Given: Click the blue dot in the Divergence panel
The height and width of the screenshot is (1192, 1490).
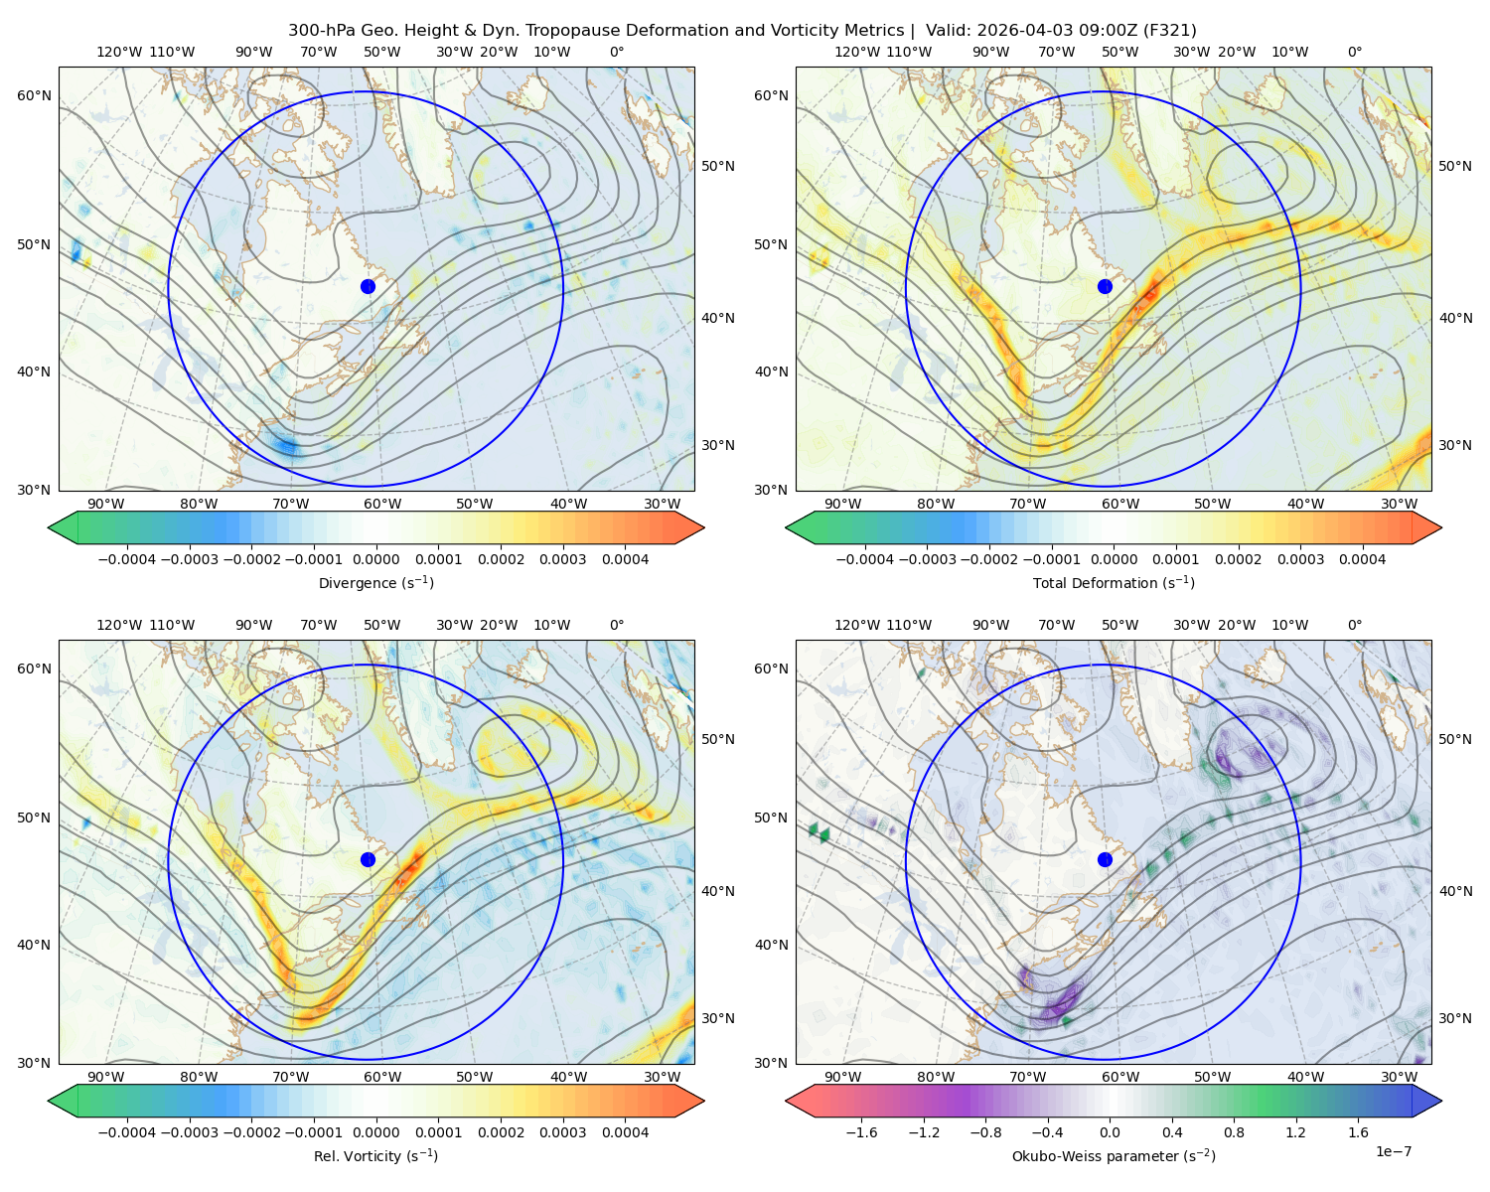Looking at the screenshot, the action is (368, 287).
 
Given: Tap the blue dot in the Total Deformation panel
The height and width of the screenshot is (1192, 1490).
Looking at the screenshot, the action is (1105, 287).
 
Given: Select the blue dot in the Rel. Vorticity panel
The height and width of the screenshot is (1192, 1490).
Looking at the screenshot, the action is (368, 859).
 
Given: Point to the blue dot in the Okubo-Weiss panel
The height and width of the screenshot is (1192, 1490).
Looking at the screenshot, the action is (1105, 859).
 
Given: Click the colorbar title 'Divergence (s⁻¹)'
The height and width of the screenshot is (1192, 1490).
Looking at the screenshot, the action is (375, 583).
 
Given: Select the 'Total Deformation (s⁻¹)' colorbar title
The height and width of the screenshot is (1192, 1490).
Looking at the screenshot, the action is (1114, 583).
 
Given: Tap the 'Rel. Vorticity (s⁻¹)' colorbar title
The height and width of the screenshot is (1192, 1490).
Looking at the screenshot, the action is (375, 1156).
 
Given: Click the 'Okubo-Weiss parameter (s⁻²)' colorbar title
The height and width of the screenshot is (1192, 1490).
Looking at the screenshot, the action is (1114, 1156).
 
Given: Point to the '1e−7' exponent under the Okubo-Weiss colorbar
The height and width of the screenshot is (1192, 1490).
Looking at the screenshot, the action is (1393, 1152).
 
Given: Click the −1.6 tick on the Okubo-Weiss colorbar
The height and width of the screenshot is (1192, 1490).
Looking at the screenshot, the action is (861, 1132).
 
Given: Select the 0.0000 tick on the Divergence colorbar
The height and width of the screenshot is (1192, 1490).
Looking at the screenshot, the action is (375, 559).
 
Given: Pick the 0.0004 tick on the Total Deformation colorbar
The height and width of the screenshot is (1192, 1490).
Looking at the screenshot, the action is (1363, 559).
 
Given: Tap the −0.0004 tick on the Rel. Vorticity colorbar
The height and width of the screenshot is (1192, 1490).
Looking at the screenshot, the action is (127, 1132).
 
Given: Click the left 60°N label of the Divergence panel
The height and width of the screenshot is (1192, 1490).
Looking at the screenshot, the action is (34, 95).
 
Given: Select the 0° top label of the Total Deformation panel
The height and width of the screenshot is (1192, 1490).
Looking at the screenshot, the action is (1355, 52).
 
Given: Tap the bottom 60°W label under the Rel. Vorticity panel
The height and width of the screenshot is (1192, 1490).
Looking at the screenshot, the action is (382, 1077).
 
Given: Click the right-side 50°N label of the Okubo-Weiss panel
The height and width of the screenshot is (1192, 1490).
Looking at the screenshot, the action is (1455, 739).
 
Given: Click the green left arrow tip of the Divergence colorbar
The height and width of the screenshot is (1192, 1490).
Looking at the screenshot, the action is (49, 527).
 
